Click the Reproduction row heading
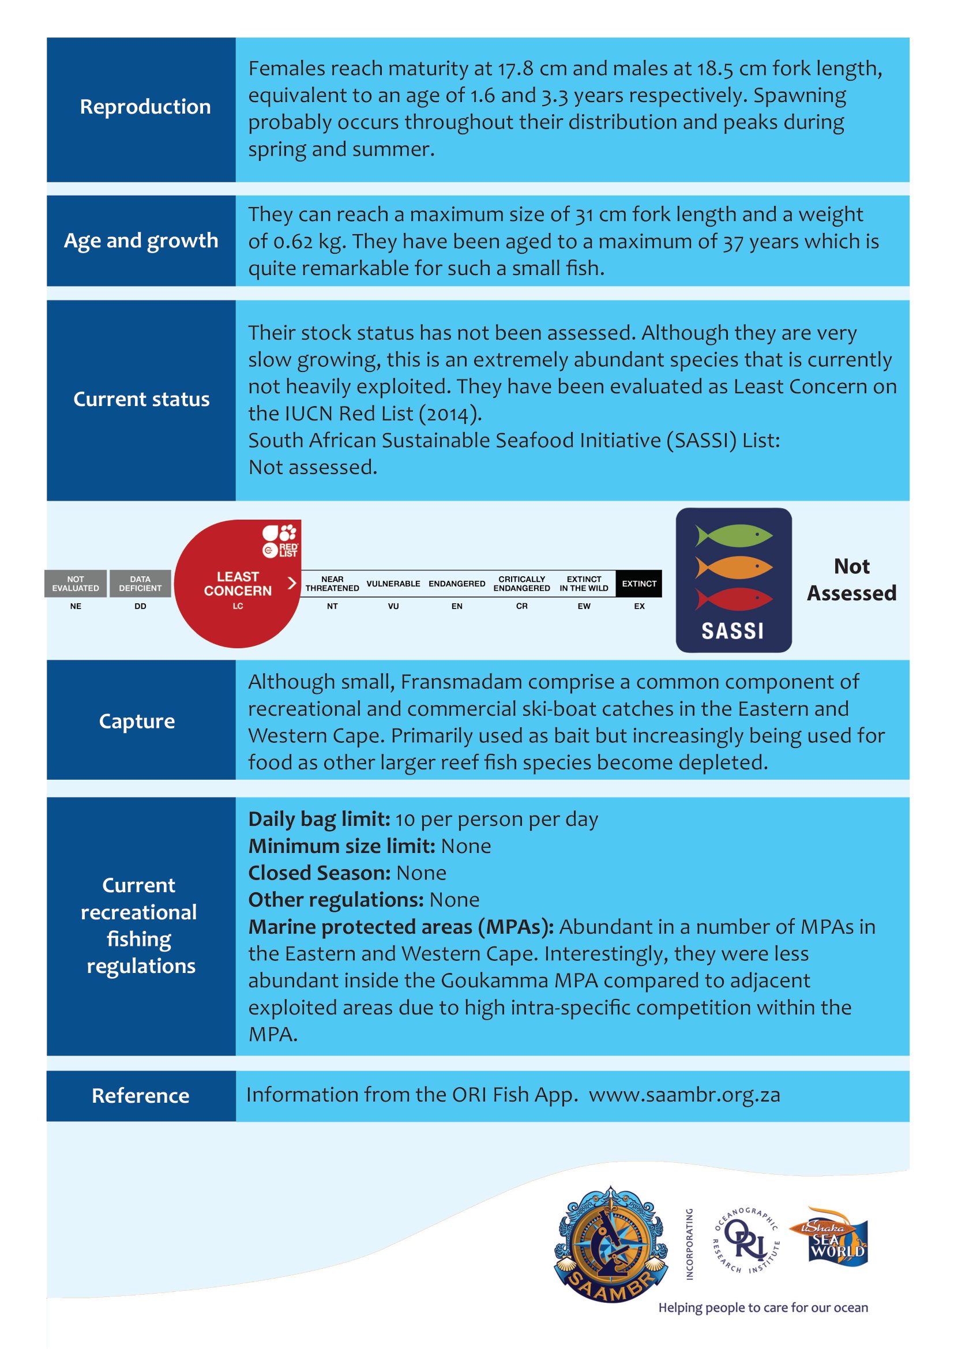tap(145, 107)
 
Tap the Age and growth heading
tap(141, 241)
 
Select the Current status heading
tap(141, 400)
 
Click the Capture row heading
tap(137, 721)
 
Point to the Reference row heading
tap(140, 1096)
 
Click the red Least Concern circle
tap(237, 584)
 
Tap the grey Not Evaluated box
tap(75, 584)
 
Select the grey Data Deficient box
tap(140, 584)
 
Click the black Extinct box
tap(639, 584)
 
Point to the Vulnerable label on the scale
tap(393, 584)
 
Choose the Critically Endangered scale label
tap(521, 584)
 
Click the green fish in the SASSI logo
tap(734, 535)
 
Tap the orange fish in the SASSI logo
tap(734, 568)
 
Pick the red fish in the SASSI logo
tap(734, 599)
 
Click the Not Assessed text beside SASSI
tap(852, 580)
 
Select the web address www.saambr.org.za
tap(685, 1095)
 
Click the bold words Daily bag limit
tap(319, 819)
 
